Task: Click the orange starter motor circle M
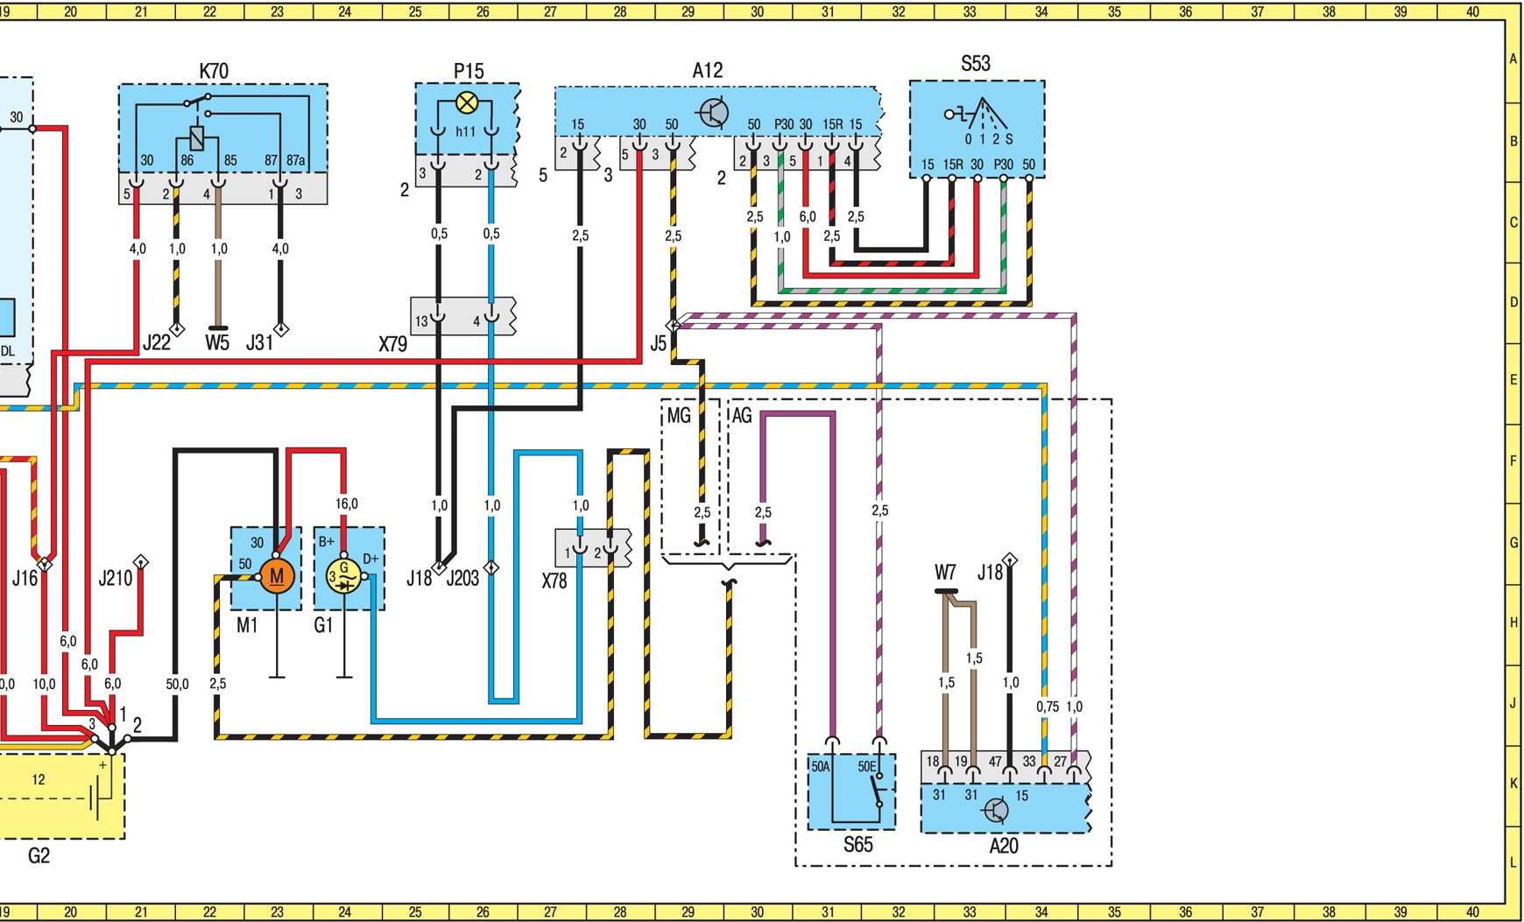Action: (x=277, y=576)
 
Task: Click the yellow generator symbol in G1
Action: (x=343, y=575)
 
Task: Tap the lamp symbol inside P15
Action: (x=468, y=103)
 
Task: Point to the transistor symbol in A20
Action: (x=996, y=810)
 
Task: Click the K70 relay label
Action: (x=214, y=71)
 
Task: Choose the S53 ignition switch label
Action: (x=976, y=63)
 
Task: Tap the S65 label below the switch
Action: (x=858, y=845)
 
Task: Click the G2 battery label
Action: (x=39, y=855)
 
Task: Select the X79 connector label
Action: (x=393, y=344)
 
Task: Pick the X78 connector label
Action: (x=554, y=581)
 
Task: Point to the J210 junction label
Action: (x=115, y=578)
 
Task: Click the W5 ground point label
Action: (x=217, y=342)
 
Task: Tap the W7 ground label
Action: (x=945, y=573)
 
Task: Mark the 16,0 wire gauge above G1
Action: (x=346, y=503)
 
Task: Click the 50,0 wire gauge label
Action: (x=177, y=684)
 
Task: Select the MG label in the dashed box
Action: (x=679, y=415)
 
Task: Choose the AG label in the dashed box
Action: (x=742, y=415)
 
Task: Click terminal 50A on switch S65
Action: (x=821, y=766)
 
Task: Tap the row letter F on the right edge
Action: (x=1513, y=461)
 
